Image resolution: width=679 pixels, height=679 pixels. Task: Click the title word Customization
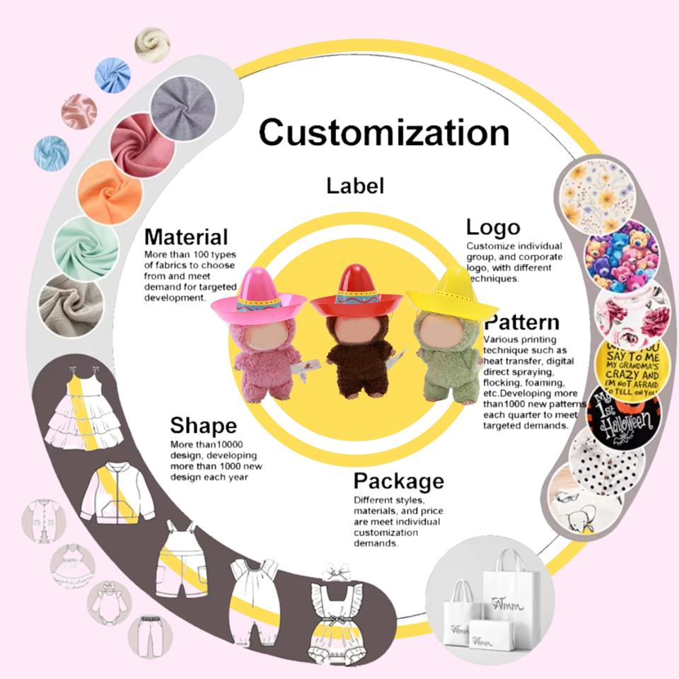[x=383, y=132]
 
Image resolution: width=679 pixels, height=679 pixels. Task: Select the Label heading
[x=355, y=186]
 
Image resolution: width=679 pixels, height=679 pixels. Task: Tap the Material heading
[x=186, y=236]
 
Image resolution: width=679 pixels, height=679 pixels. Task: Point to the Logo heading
[x=493, y=227]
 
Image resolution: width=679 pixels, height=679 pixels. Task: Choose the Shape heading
[x=203, y=426]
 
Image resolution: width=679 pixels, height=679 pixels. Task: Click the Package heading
[x=399, y=482]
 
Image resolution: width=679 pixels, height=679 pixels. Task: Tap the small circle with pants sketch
[x=149, y=634]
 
